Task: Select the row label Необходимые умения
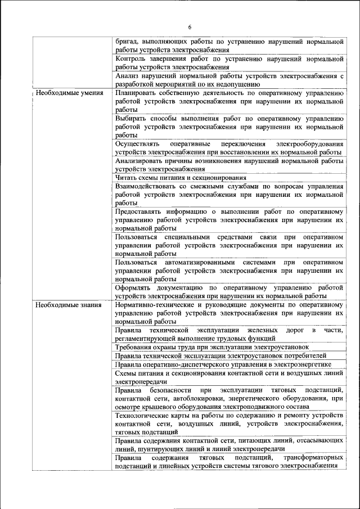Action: [x=69, y=93]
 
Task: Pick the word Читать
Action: [x=127, y=178]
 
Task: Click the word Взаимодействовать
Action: [x=149, y=186]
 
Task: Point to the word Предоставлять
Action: [x=141, y=211]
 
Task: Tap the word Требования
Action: [x=137, y=347]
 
